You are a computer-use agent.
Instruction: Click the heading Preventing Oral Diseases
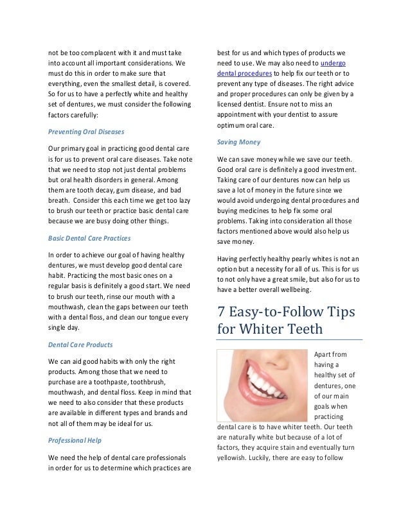[86, 132]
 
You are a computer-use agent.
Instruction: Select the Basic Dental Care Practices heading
[89, 237]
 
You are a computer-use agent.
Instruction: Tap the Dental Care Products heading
[80, 344]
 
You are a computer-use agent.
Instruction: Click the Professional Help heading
[76, 440]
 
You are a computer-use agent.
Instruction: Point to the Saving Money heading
[239, 141]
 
